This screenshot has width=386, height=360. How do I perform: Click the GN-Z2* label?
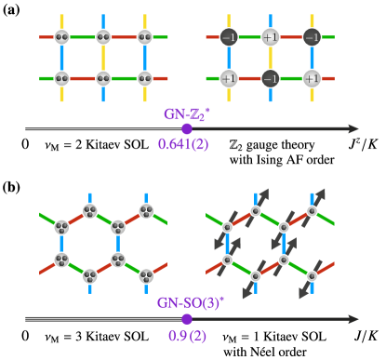(186, 113)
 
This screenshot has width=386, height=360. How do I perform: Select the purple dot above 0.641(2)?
(186, 129)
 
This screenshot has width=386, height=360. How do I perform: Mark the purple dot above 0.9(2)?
(186, 319)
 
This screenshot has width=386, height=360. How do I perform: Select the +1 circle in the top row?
(271, 37)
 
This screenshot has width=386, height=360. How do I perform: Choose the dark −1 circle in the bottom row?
(271, 78)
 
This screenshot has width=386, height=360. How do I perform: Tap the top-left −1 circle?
(229, 37)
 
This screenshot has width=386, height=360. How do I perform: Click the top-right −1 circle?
(313, 37)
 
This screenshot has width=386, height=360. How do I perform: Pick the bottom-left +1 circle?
(229, 78)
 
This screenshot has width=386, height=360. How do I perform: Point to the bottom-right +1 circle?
(313, 78)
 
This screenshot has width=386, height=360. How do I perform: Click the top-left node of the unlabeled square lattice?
(61, 37)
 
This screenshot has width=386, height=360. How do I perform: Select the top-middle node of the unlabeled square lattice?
(103, 37)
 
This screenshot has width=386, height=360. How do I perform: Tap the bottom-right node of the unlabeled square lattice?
(145, 78)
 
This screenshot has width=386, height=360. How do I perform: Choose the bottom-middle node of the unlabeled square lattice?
(103, 78)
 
